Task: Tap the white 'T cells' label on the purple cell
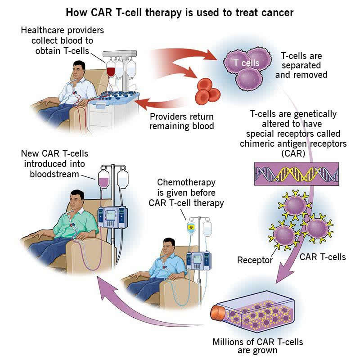click(246, 63)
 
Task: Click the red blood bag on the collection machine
click(111, 70)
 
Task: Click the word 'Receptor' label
click(255, 260)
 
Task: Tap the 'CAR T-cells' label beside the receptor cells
click(322, 257)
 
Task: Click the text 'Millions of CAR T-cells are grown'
click(257, 346)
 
